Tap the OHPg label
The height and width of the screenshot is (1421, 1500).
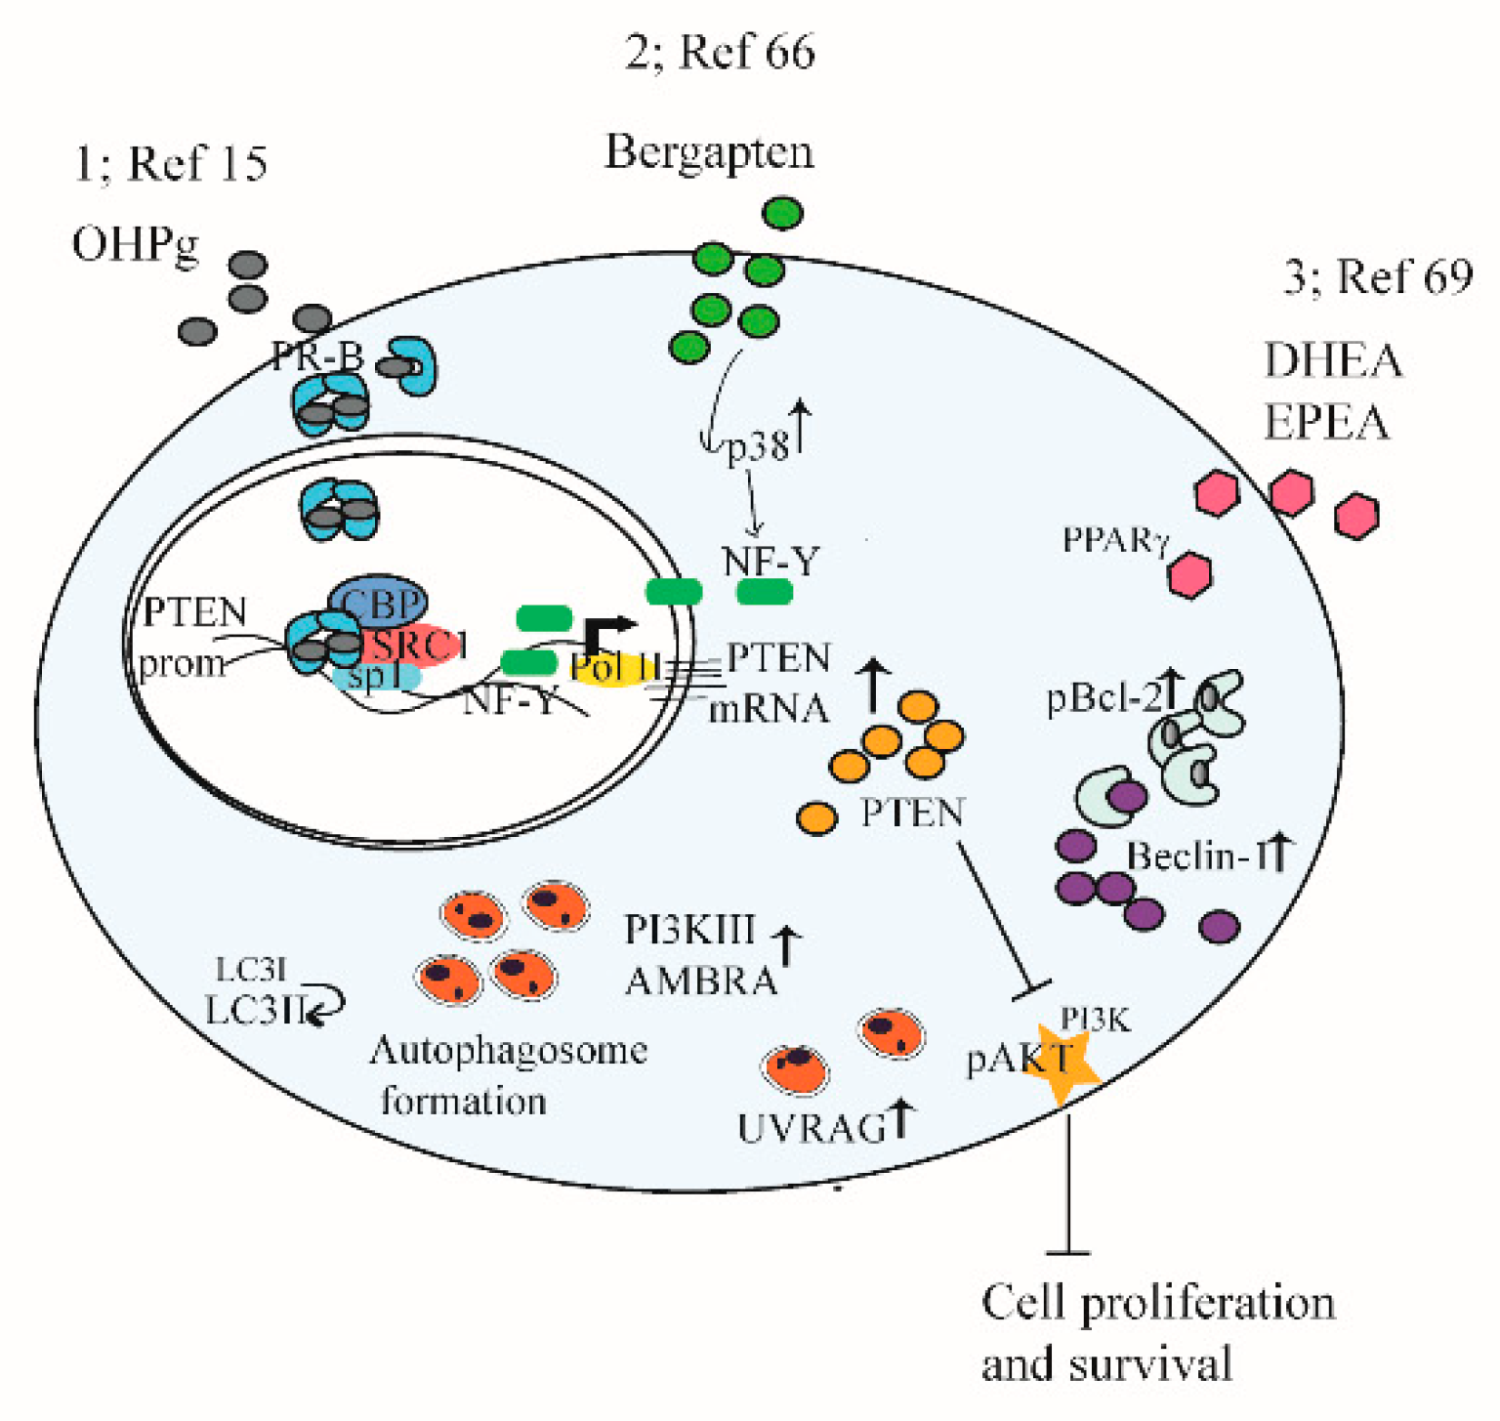pos(135,244)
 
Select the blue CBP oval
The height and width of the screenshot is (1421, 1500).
pos(378,602)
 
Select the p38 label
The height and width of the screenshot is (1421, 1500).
pos(757,446)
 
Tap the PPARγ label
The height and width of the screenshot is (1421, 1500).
pos(1114,540)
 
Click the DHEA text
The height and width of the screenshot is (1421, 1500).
pos(1333,361)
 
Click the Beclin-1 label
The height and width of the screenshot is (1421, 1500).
pos(1199,857)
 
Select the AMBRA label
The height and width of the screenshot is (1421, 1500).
pos(700,980)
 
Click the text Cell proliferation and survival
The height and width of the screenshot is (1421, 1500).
pos(1157,1333)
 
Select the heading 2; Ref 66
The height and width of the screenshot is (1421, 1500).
pos(720,51)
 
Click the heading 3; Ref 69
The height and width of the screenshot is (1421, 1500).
pos(1377,276)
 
